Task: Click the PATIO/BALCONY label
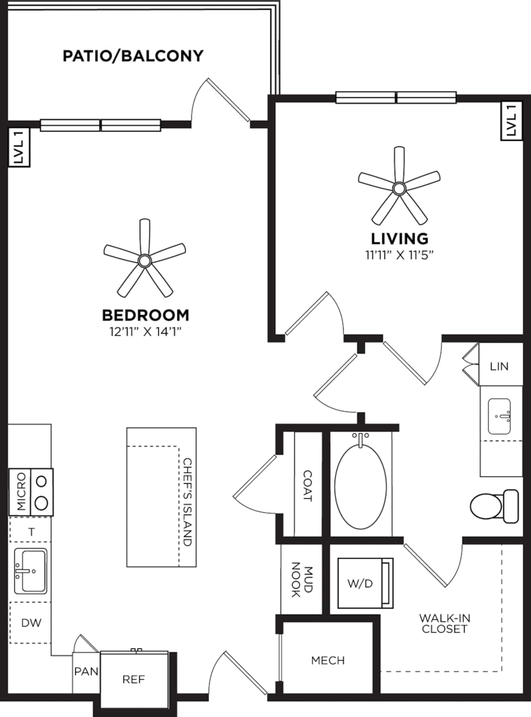tap(133, 56)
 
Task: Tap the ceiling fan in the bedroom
tap(145, 260)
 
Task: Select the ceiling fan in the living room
tap(399, 188)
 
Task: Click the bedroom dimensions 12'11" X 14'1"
tap(146, 332)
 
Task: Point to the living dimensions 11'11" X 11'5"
tap(399, 255)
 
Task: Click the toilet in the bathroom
tap(493, 506)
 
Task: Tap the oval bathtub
tap(361, 486)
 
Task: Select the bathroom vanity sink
tap(499, 416)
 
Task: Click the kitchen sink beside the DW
tap(30, 571)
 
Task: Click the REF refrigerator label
tap(134, 679)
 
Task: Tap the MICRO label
tap(20, 492)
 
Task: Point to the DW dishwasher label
tap(31, 623)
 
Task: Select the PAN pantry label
tap(86, 671)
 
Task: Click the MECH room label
tap(327, 660)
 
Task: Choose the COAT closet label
tap(308, 486)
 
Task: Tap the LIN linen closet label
tap(499, 366)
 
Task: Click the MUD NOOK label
tap(302, 579)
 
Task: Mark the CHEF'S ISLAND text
tap(188, 502)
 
